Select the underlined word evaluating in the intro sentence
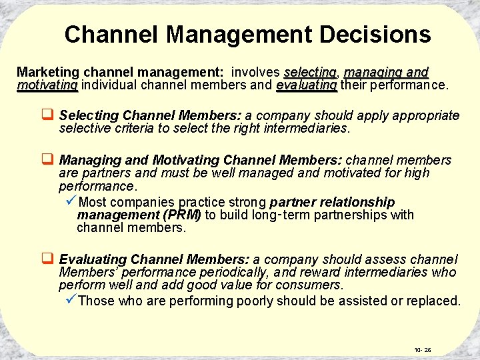pos(307,85)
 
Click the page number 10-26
pos(423,349)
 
